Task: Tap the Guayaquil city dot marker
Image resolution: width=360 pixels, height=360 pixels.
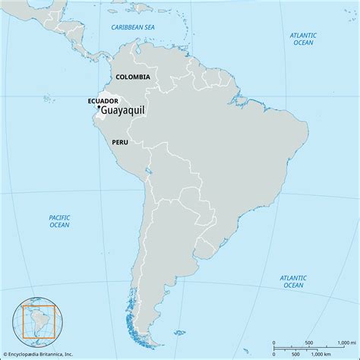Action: pyautogui.click(x=98, y=109)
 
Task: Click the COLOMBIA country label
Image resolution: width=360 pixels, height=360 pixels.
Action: pyautogui.click(x=133, y=77)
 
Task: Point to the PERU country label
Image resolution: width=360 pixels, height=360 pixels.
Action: pyautogui.click(x=119, y=142)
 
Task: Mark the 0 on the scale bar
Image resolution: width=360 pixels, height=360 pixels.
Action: pyautogui.click(x=274, y=343)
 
